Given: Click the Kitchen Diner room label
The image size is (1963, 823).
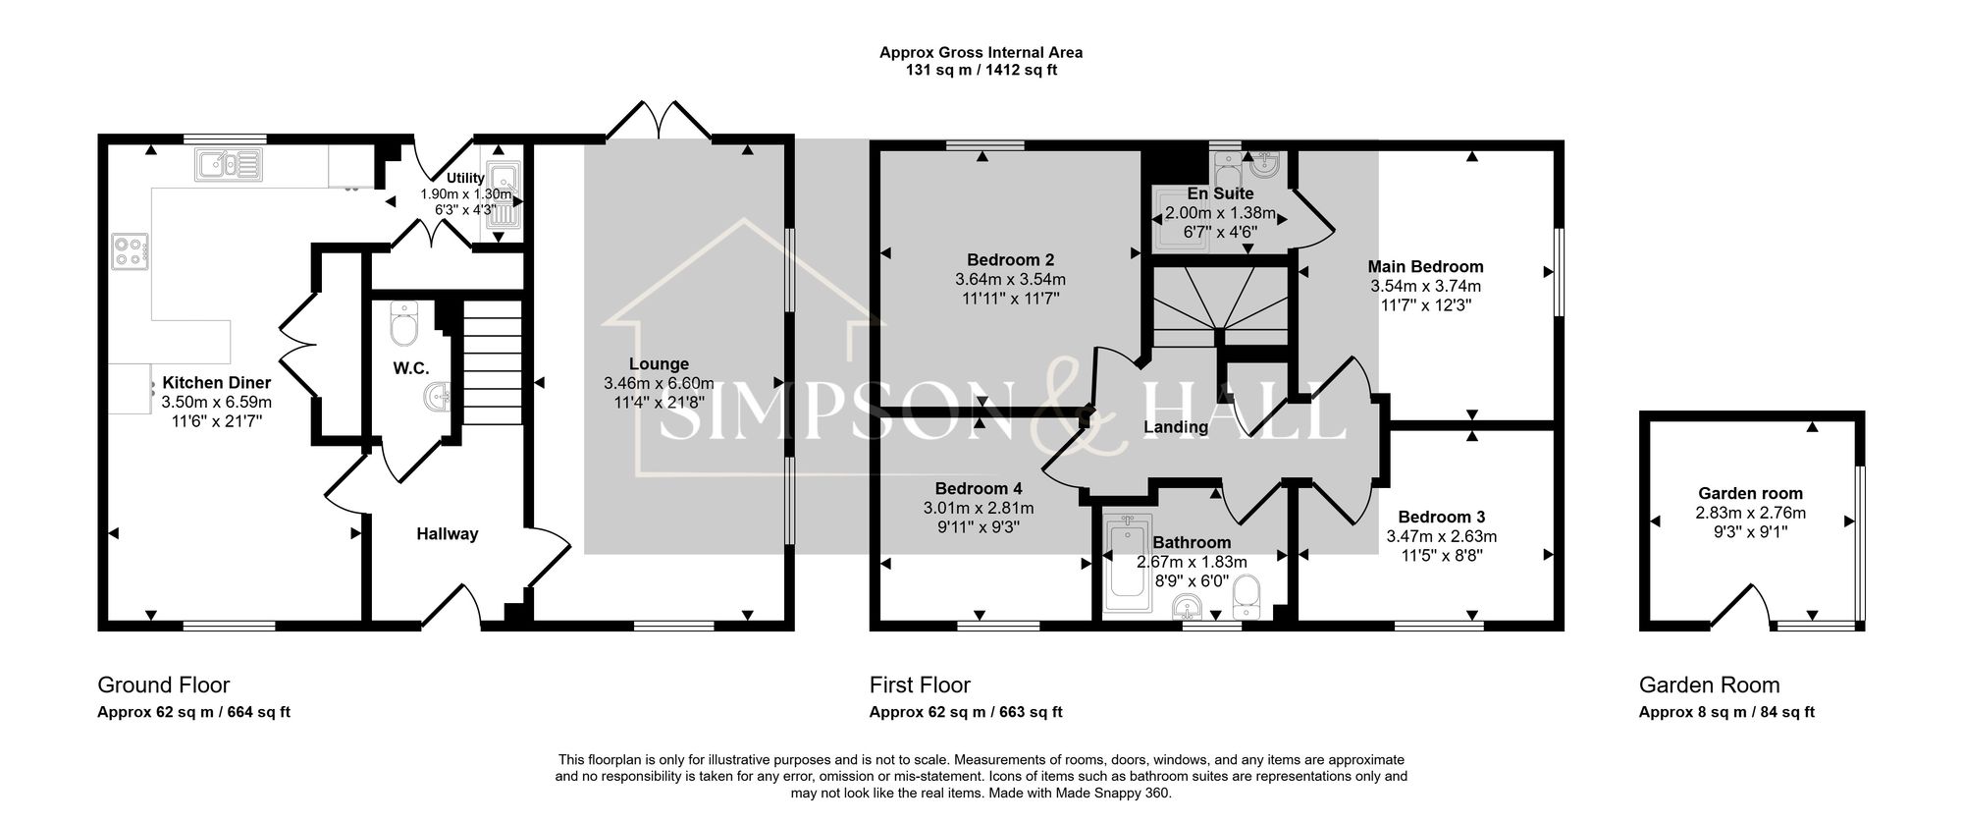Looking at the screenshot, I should [x=216, y=383].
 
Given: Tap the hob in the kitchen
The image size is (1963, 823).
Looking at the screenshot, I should [x=131, y=250].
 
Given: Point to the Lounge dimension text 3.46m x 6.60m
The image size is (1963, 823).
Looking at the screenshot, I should [x=659, y=383].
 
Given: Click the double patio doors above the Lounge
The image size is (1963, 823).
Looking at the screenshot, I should [x=659, y=120].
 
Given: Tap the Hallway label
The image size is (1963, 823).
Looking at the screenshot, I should [x=447, y=534].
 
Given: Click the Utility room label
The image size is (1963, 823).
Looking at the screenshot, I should [x=465, y=179].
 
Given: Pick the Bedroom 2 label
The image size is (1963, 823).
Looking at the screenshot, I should [x=1010, y=260].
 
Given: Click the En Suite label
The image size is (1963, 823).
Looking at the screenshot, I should [x=1220, y=193].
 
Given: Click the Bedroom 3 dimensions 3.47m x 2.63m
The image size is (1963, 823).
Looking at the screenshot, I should [x=1441, y=537].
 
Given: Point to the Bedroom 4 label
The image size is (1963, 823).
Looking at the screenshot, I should [x=978, y=489].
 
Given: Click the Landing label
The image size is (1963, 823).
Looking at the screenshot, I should [x=1176, y=427].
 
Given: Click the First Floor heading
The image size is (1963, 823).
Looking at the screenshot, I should [x=920, y=685].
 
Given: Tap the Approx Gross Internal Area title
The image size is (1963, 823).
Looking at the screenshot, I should [x=981, y=53].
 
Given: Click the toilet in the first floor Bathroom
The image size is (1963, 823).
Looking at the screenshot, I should [x=1247, y=592].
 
